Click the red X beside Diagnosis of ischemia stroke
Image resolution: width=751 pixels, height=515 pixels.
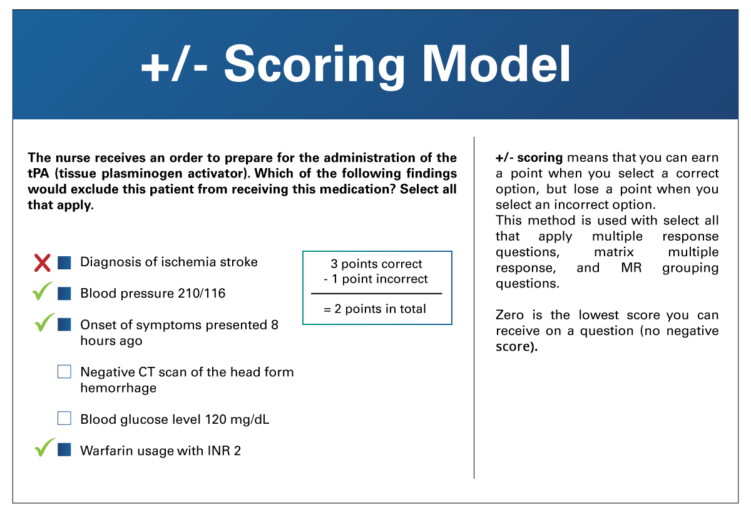(x=43, y=263)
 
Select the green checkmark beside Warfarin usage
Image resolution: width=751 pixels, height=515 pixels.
(x=44, y=447)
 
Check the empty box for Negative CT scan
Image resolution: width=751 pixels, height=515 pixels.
(x=64, y=371)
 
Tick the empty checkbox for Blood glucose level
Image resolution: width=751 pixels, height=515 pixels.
(x=64, y=418)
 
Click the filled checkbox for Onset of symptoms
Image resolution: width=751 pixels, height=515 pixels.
(x=64, y=324)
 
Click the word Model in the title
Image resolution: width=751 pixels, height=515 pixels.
(x=496, y=64)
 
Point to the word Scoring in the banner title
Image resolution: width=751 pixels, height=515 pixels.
(x=314, y=67)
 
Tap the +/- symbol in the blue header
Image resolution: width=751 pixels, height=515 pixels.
(x=175, y=64)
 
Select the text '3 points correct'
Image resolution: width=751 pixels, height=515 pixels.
(x=376, y=264)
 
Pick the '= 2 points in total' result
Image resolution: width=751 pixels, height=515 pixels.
(x=374, y=309)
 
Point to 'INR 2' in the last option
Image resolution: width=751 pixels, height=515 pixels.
(x=224, y=451)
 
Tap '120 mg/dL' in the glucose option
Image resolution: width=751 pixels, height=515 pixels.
(x=237, y=419)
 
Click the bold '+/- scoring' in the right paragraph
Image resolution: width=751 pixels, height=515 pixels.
(x=529, y=157)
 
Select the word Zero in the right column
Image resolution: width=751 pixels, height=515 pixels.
(x=509, y=315)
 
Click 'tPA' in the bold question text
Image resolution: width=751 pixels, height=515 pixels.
(x=38, y=174)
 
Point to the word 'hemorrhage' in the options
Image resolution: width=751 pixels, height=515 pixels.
(x=118, y=387)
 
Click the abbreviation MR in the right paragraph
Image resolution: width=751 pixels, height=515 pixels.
(x=631, y=268)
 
